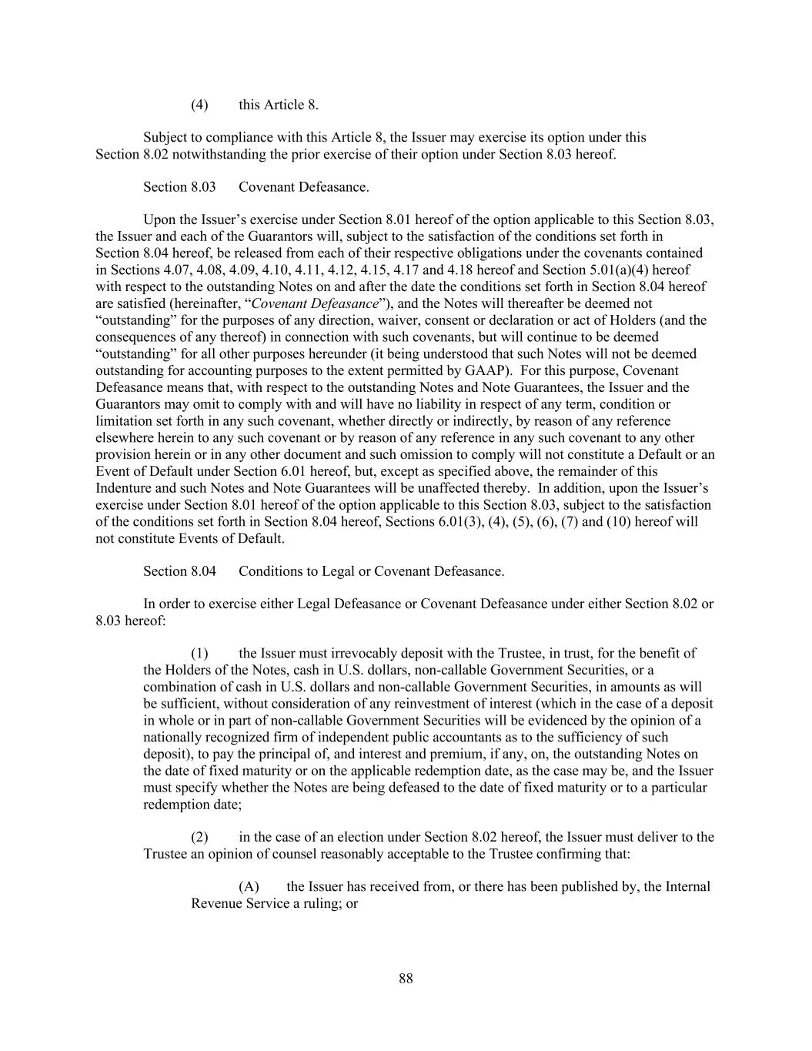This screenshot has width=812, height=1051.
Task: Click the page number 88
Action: click(x=406, y=979)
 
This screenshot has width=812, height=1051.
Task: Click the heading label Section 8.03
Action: click(x=179, y=187)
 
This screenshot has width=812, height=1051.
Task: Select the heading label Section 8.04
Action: click(x=179, y=571)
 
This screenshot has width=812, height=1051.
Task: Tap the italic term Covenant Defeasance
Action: click(x=316, y=303)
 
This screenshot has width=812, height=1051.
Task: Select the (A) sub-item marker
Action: click(x=249, y=886)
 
